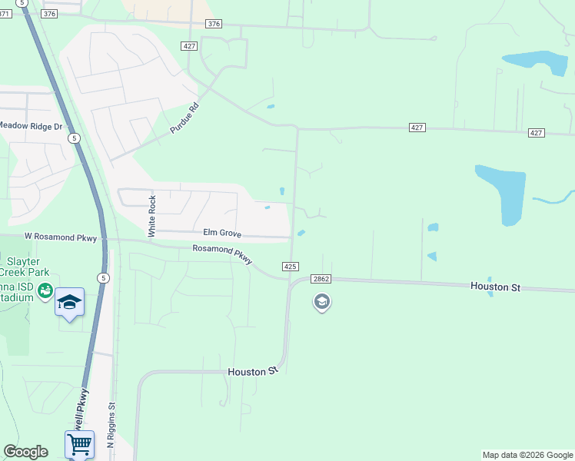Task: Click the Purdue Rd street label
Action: [x=184, y=118]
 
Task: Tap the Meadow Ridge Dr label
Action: [x=29, y=125]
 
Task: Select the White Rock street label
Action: [x=152, y=216]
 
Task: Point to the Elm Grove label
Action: [x=222, y=232]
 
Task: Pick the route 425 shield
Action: [x=290, y=266]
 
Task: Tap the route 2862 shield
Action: [x=321, y=280]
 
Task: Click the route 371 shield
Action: [x=5, y=14]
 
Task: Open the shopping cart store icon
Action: [x=80, y=443]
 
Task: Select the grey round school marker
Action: [x=321, y=302]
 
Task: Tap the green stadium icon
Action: [x=45, y=290]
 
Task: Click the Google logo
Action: [x=25, y=452]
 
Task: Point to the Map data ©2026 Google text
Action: [x=527, y=455]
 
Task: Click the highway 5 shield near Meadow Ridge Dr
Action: [x=74, y=138]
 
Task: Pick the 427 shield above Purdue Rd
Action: [x=190, y=46]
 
